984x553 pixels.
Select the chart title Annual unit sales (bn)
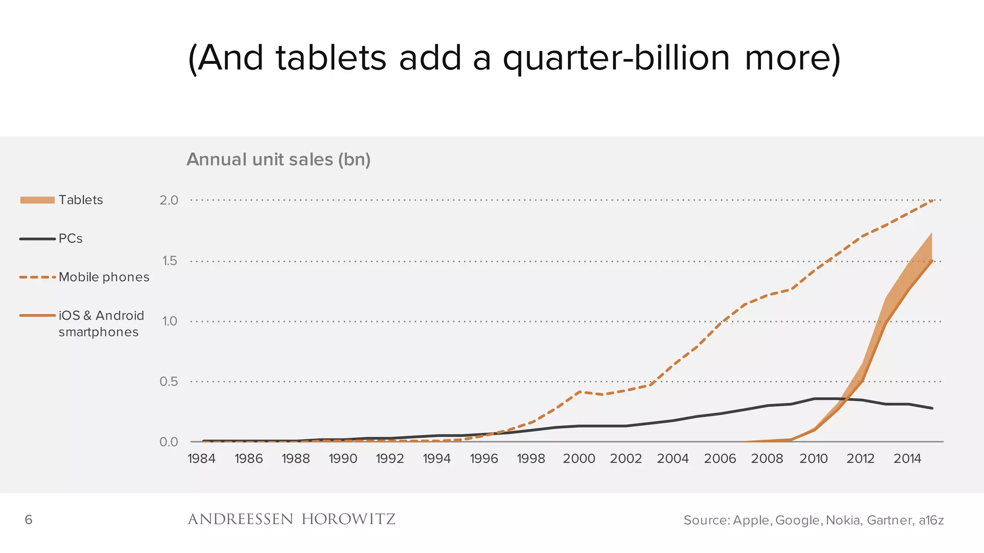pos(278,159)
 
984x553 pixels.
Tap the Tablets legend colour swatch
pos(37,200)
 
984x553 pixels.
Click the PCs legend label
pos(71,239)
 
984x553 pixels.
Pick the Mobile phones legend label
pos(104,277)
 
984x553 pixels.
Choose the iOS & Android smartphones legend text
pos(101,324)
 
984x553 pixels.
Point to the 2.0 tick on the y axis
pos(169,200)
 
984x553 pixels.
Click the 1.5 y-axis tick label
pos(169,261)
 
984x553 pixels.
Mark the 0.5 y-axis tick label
pos(169,382)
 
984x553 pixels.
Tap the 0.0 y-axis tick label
pos(169,442)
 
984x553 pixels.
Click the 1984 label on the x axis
pos(201,459)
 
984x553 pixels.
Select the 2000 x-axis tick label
pos(579,459)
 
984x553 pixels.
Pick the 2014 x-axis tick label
pos(907,459)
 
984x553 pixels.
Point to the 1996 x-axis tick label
pos(484,459)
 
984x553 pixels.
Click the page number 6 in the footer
pos(28,520)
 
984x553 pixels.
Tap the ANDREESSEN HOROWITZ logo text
pos(291,519)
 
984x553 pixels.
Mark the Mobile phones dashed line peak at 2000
pos(580,392)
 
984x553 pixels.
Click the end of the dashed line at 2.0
pos(932,200)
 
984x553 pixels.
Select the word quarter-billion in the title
pos(616,58)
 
